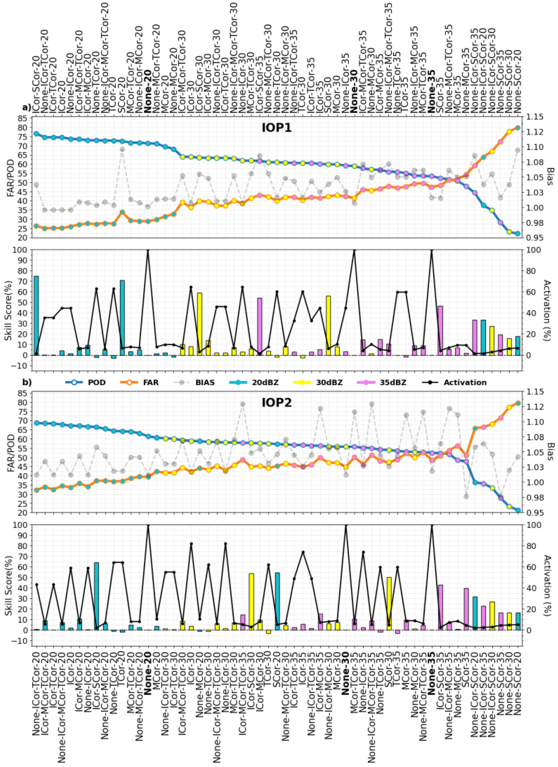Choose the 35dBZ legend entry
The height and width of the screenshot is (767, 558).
click(x=394, y=383)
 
